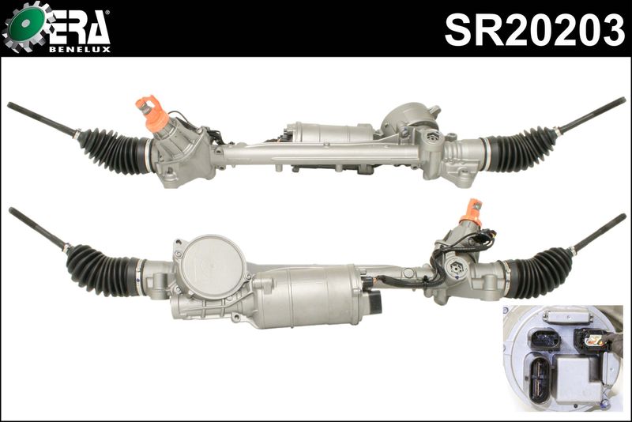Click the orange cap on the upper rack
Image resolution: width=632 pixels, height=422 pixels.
tap(151, 113)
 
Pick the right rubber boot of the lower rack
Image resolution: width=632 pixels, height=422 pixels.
tap(540, 270)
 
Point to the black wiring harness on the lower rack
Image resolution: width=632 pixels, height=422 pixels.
tap(403, 278)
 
